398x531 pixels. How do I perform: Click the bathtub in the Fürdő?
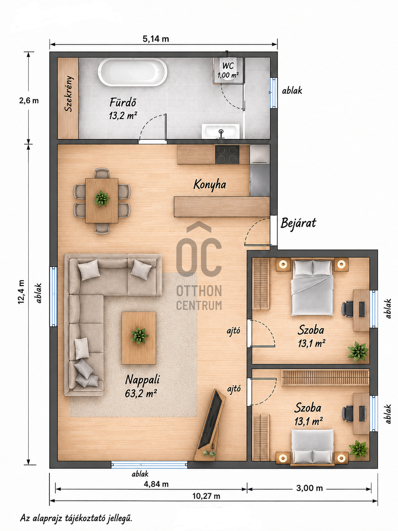tap(132, 72)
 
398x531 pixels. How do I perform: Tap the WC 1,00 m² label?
tap(228, 70)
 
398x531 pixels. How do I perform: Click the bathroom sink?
tap(221, 132)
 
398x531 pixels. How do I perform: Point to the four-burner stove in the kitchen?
tap(227, 155)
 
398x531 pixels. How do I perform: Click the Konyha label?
tap(210, 185)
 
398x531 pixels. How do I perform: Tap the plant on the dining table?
tap(102, 198)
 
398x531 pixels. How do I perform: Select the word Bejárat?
tap(298, 223)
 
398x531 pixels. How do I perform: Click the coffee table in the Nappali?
tap(139, 338)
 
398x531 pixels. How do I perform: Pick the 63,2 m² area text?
tap(141, 393)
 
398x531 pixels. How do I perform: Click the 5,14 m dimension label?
tap(156, 39)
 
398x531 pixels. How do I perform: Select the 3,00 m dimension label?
tap(310, 488)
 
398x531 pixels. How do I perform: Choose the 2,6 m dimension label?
tap(29, 100)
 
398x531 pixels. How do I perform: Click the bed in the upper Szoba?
tap(312, 288)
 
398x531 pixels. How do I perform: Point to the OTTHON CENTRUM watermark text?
tap(199, 297)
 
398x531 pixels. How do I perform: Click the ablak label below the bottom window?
tap(140, 474)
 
